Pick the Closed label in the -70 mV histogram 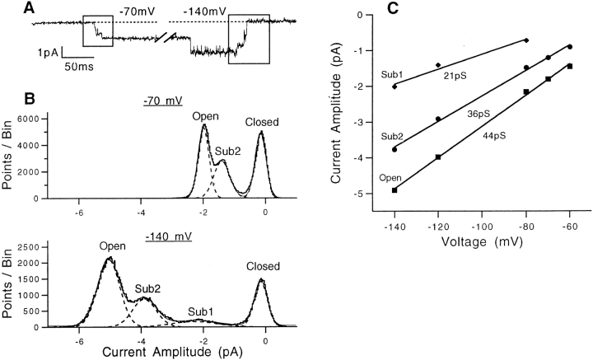(262, 123)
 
